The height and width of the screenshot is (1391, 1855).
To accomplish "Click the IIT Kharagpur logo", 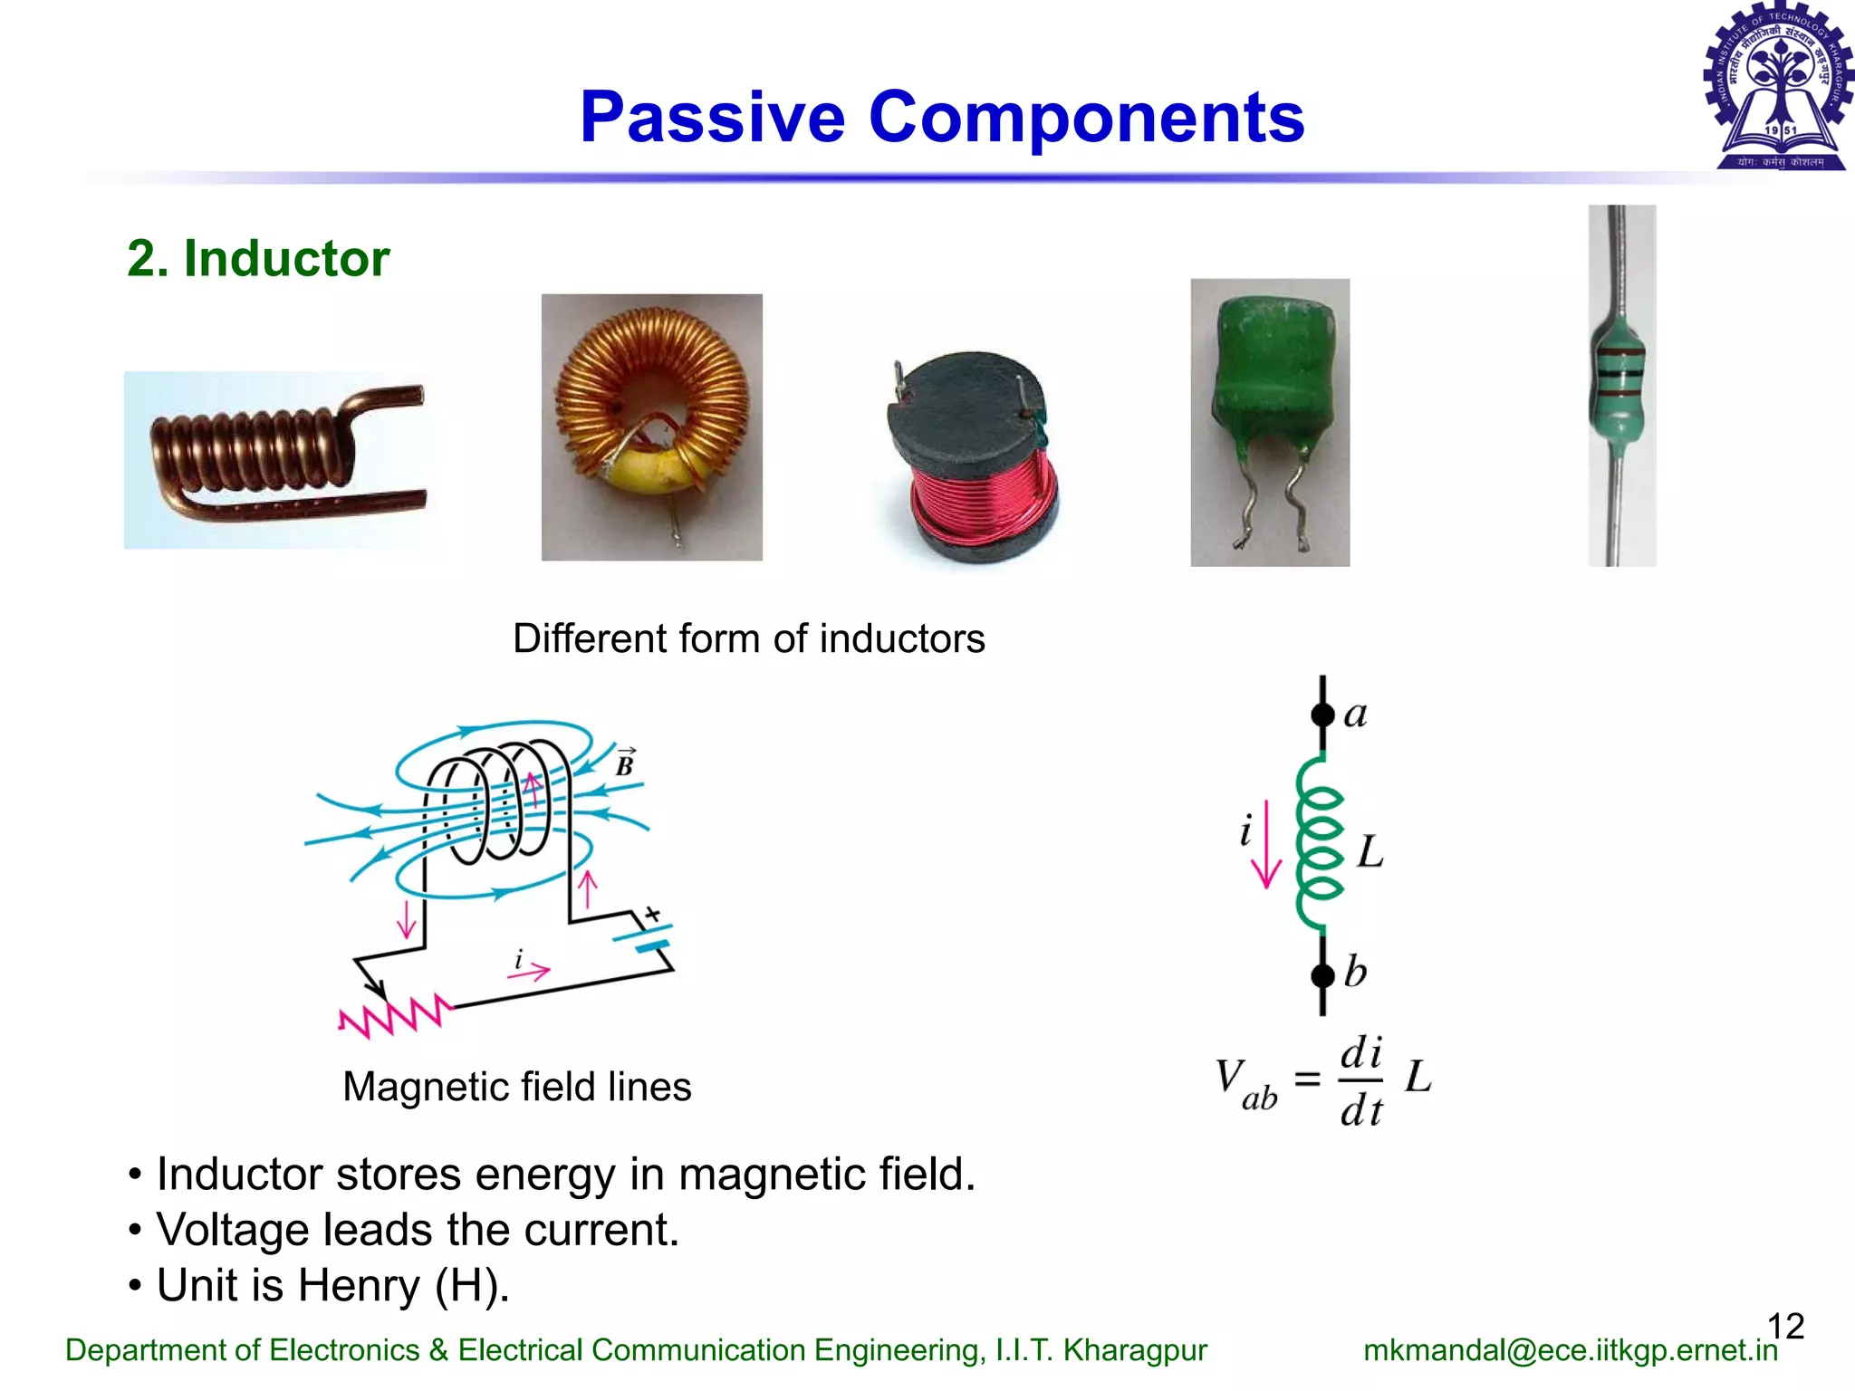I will pos(1778,86).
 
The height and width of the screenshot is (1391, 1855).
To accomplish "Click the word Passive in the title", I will pos(713,118).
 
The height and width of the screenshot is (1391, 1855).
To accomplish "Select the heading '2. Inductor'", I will pos(258,259).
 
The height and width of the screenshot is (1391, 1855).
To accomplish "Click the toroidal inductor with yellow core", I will pos(651,426).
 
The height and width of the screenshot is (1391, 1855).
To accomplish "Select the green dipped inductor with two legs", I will pos(1269,421).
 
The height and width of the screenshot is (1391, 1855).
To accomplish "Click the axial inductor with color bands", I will pos(1621,385).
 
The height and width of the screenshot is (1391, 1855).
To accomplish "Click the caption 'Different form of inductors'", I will pos(748,639).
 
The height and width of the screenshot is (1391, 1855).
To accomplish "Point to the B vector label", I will pos(625,763).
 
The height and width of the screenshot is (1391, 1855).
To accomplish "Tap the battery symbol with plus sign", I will pos(645,933).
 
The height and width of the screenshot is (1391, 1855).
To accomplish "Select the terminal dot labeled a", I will pos(1323,715).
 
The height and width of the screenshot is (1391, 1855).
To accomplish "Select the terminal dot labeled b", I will pos(1323,975).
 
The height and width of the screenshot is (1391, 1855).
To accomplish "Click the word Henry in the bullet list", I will pos(360,1285).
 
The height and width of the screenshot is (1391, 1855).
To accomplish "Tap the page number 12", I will pos(1785,1326).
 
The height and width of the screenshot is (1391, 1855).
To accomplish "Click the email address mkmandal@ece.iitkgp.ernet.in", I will pos(1570,1350).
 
